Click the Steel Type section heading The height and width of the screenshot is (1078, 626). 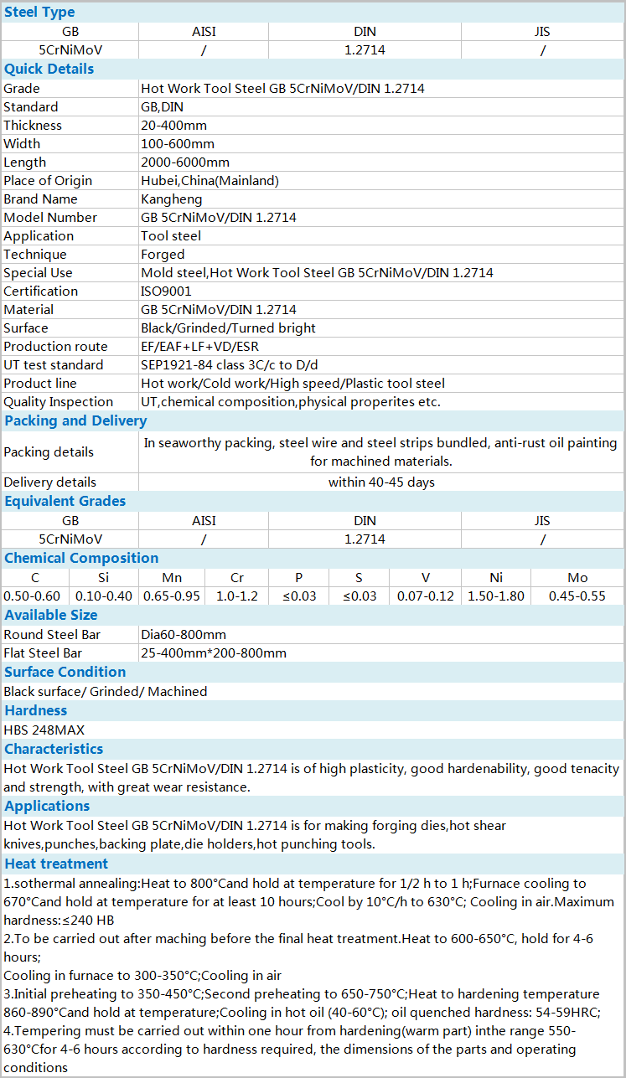(39, 12)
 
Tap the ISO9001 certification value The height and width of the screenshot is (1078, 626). (166, 291)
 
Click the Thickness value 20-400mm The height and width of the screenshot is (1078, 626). (173, 126)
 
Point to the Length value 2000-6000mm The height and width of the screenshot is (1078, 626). (185, 162)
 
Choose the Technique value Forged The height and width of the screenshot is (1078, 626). (163, 255)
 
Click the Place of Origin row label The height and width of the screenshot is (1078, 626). (48, 181)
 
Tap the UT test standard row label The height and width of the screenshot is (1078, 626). (54, 365)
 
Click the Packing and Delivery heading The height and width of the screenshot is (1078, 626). (75, 420)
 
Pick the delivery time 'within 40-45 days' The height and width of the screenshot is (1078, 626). (381, 482)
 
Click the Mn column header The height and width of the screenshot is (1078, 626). (172, 578)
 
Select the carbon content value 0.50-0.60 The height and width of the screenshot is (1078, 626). (33, 596)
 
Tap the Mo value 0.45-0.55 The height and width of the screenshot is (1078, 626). (577, 596)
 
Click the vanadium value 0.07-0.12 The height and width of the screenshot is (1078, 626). (426, 596)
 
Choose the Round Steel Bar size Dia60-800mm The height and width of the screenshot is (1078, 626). (184, 635)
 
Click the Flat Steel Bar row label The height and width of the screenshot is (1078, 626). (43, 653)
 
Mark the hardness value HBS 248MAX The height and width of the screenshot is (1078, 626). (44, 730)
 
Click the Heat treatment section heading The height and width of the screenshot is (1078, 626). (56, 864)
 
